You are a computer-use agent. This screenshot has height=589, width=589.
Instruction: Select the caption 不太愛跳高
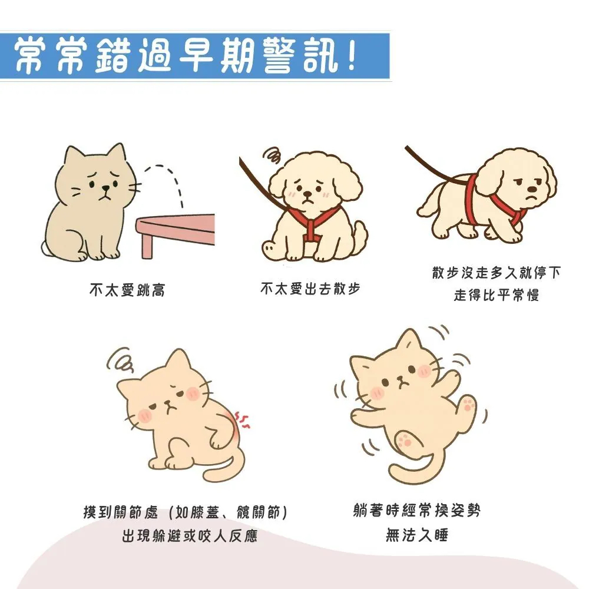[x=127, y=290]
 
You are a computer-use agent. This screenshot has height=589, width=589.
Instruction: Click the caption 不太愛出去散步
[x=310, y=289]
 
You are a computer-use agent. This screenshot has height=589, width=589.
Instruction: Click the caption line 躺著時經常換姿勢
[x=417, y=510]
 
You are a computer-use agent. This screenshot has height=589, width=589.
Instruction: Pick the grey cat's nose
[x=105, y=190]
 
